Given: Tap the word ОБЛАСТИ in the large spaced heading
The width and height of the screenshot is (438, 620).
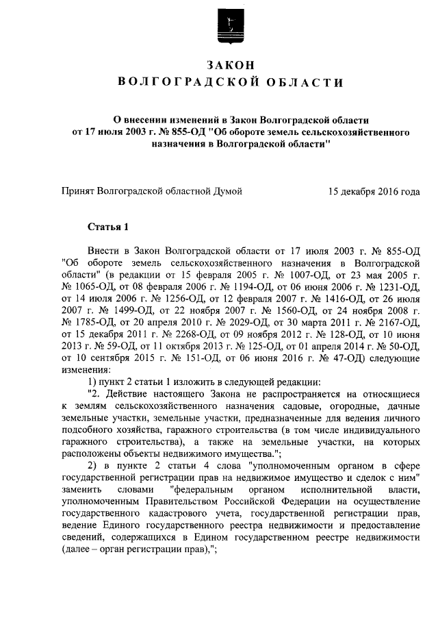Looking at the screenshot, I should coord(305,84).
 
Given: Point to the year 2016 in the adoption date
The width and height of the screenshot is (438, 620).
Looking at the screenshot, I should coord(385,193).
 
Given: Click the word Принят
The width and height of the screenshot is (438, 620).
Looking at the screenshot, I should coord(78,193).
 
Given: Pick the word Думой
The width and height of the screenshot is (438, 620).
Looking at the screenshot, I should coord(228,193).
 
